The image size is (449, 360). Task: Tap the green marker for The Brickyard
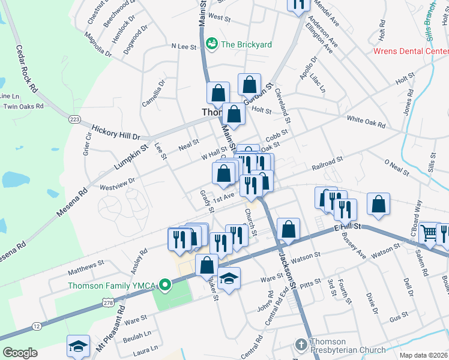[211, 44]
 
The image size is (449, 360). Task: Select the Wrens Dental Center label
[411, 51]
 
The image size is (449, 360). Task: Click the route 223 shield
[74, 119]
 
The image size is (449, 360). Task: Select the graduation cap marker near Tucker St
[229, 278]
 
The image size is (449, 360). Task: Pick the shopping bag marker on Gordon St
[249, 85]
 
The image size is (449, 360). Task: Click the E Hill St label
[347, 227]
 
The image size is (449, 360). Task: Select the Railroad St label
[327, 163]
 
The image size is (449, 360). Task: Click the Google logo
[20, 352]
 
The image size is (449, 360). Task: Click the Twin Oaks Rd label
[24, 106]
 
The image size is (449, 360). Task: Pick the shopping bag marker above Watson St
[289, 229]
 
